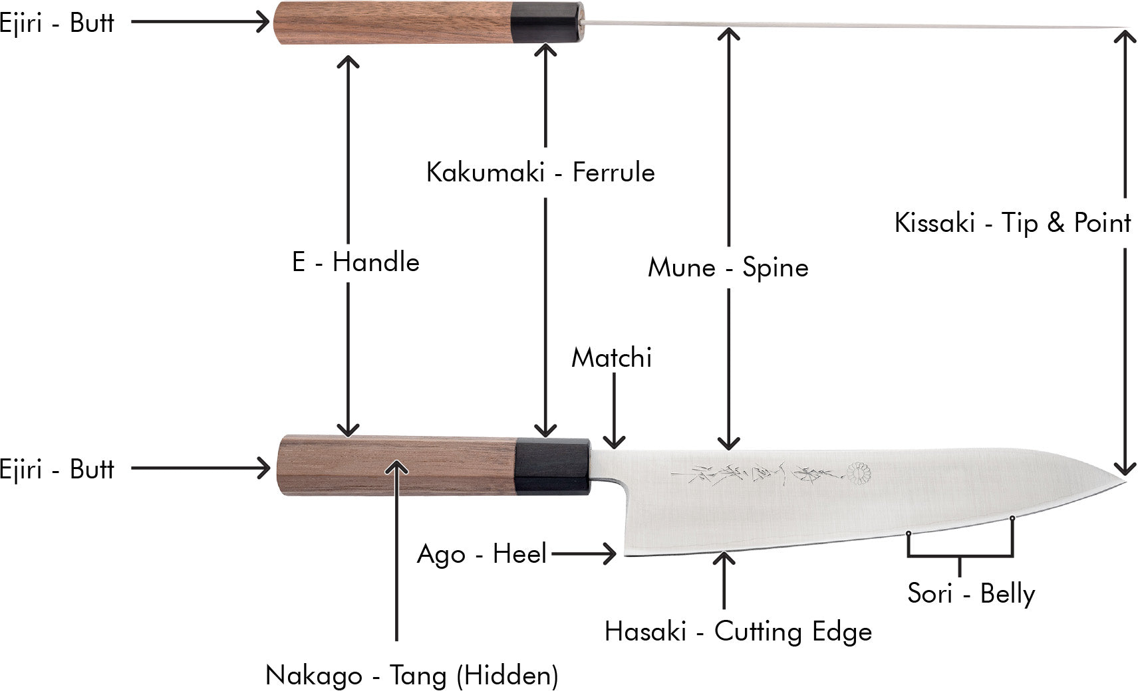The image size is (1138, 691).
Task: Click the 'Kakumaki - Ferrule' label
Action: click(x=540, y=173)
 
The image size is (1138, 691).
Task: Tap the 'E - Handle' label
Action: click(x=355, y=262)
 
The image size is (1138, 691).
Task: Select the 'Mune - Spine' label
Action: click(x=728, y=268)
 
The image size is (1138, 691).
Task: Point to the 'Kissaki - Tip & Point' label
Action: click(x=1012, y=223)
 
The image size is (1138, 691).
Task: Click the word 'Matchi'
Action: click(x=611, y=358)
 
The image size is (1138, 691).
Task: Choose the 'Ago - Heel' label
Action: click(x=482, y=553)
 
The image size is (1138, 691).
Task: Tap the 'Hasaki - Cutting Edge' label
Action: click(x=738, y=632)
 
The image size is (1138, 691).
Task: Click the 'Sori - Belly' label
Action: click(x=970, y=593)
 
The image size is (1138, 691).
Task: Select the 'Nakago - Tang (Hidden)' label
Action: click(x=412, y=676)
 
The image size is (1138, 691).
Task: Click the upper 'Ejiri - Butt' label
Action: click(x=57, y=23)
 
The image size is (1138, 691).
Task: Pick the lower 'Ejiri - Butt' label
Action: click(x=57, y=469)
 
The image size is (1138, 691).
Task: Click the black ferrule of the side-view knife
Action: click(x=552, y=466)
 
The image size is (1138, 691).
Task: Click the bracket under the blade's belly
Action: click(x=960, y=555)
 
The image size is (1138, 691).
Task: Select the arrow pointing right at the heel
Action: click(x=584, y=553)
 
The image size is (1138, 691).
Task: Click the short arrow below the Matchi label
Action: click(x=613, y=411)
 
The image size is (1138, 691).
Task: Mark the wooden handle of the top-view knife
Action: click(x=392, y=23)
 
